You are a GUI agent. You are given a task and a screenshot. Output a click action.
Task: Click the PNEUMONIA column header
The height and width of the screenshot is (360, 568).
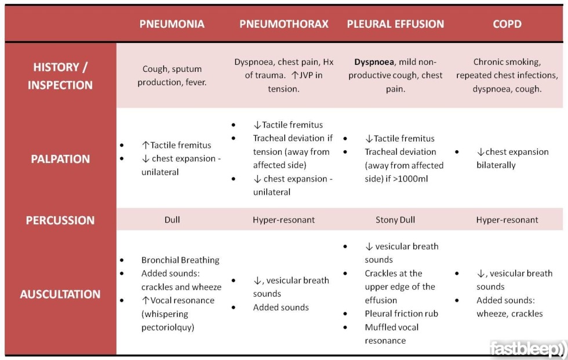(x=172, y=24)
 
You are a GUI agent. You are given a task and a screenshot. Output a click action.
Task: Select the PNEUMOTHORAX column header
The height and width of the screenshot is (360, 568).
(x=283, y=24)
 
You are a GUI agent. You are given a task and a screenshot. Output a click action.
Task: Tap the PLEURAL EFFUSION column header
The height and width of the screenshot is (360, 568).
(x=395, y=24)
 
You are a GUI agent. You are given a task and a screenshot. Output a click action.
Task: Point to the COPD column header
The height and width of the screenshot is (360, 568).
(x=507, y=24)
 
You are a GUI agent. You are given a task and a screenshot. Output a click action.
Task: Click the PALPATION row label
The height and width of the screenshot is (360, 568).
(x=60, y=159)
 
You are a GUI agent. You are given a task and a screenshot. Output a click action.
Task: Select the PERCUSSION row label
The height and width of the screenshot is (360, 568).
(x=60, y=220)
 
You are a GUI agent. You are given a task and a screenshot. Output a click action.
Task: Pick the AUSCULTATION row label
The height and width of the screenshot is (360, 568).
(x=60, y=294)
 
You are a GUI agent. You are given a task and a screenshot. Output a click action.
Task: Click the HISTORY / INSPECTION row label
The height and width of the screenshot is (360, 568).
(x=60, y=76)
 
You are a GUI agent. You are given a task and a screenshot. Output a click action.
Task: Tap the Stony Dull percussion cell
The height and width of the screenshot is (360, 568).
(x=395, y=220)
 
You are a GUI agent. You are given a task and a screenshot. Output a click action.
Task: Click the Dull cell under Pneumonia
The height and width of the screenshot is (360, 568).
(x=172, y=220)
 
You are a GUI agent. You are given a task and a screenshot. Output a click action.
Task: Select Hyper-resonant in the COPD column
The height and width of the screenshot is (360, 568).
(x=507, y=220)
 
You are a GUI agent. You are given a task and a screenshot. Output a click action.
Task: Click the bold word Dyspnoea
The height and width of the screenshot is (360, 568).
(x=374, y=62)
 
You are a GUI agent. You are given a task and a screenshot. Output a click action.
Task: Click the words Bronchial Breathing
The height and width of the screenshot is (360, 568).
(x=180, y=260)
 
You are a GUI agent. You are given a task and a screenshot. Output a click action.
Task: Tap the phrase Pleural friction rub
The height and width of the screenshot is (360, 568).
(x=401, y=314)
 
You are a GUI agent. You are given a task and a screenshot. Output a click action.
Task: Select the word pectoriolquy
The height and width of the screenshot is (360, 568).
(x=168, y=327)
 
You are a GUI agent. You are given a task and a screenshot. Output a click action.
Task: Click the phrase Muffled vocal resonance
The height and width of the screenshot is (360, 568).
(x=392, y=333)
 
